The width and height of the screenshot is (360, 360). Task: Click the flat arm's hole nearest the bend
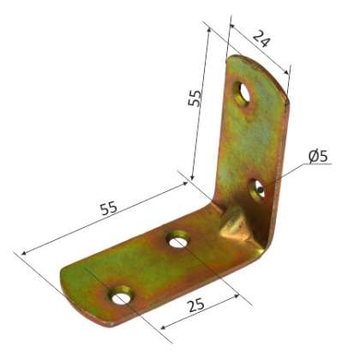(x=177, y=241)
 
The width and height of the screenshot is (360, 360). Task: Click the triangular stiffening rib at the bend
(x=232, y=225)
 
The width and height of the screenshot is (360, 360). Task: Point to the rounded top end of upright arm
(x=257, y=66)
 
